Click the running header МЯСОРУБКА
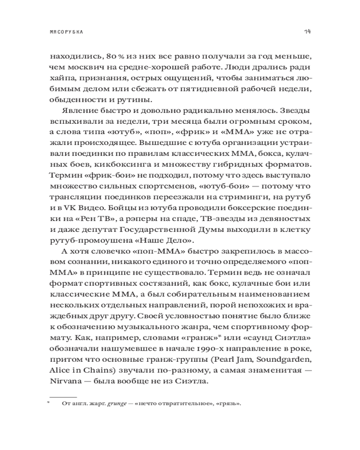pos(68,32)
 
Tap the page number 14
pos(306,32)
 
